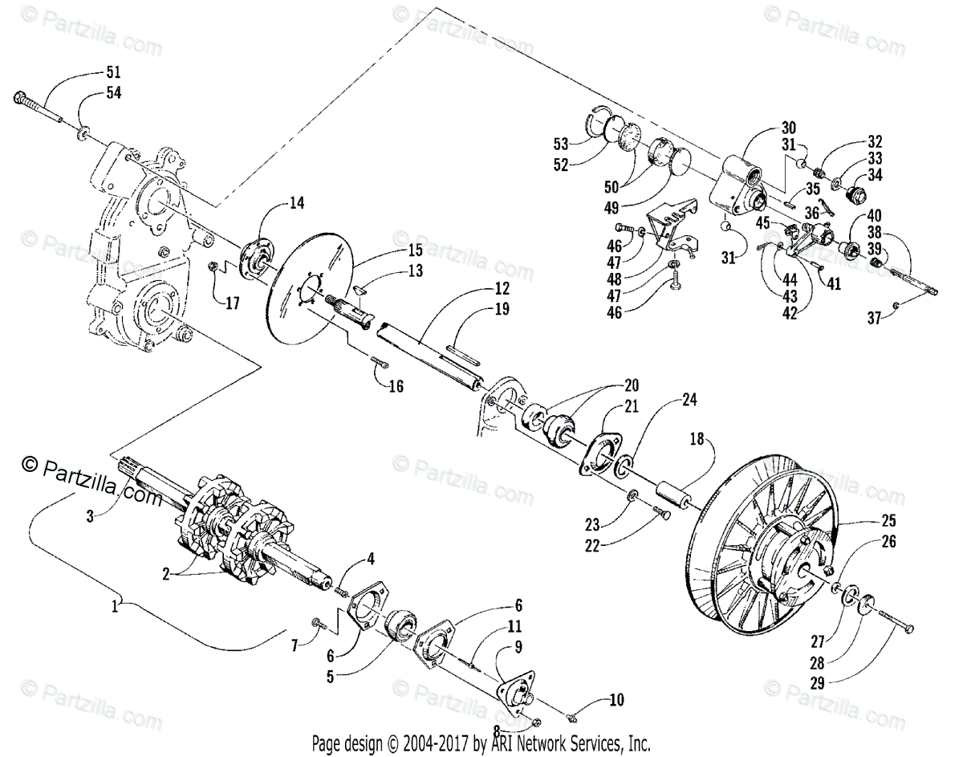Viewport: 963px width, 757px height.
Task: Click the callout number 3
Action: coord(91,517)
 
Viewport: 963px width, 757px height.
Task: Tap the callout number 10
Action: coord(616,700)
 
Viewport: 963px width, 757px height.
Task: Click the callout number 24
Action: coord(690,399)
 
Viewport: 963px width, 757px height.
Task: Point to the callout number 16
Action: coord(396,386)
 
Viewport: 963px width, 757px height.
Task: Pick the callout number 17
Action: coord(232,303)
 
